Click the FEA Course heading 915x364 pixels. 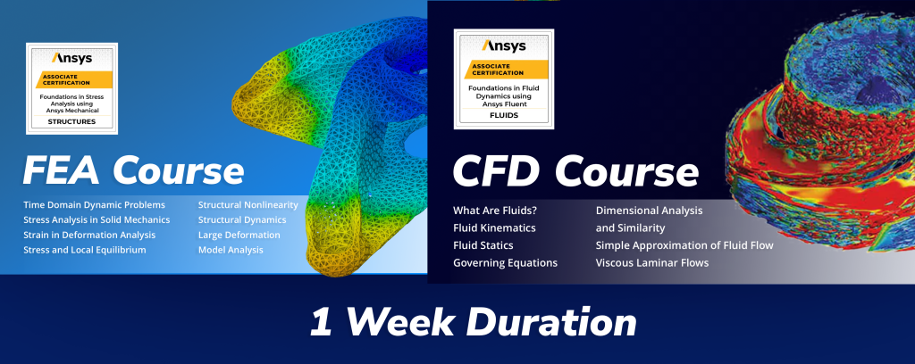[134, 170]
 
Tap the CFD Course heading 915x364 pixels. [575, 172]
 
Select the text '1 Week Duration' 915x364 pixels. [474, 322]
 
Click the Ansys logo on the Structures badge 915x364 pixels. [71, 58]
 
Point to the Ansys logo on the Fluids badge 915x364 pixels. [504, 45]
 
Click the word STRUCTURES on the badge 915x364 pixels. [71, 121]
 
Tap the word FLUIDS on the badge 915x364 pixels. [504, 115]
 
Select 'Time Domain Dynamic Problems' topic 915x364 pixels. [94, 205]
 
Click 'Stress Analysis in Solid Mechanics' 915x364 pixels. [97, 220]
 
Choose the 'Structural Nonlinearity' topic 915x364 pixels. [248, 205]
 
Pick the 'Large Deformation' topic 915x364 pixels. [239, 236]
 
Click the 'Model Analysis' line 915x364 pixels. [231, 251]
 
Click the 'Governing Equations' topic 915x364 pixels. [506, 262]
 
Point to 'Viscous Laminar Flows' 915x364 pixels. [652, 262]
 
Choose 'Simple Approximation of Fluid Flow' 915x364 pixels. [684, 245]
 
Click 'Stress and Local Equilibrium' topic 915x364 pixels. [85, 251]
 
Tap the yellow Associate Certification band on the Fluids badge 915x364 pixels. [506, 70]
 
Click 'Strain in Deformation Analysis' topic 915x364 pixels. [89, 236]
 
